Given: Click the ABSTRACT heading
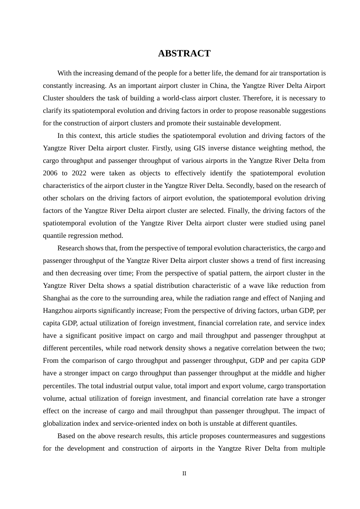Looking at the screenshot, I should tap(184, 53).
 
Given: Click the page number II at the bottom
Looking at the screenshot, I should tap(184, 473).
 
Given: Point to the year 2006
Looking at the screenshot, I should tap(50, 173).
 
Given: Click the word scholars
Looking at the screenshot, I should tap(70, 198).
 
